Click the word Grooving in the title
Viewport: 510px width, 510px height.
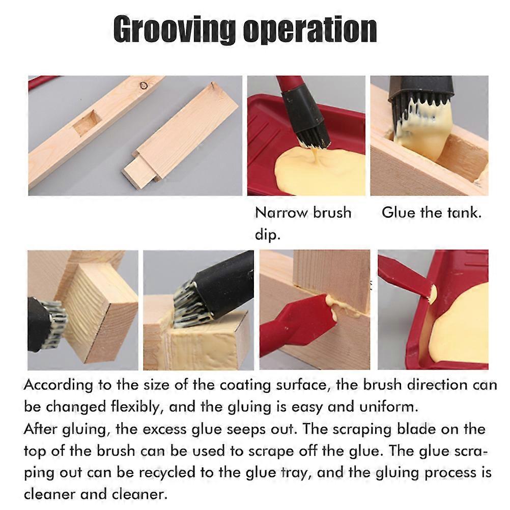[174, 30]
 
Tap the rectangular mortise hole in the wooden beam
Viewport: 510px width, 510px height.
[87, 123]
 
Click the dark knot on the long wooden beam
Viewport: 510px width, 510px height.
[144, 85]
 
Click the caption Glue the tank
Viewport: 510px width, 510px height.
[431, 212]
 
